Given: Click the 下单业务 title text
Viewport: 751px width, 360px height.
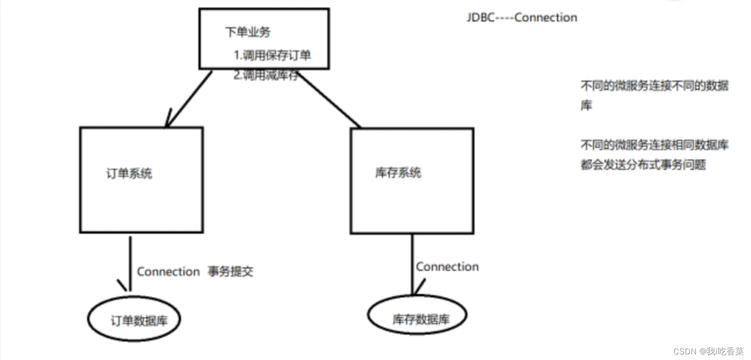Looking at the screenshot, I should point(247,32).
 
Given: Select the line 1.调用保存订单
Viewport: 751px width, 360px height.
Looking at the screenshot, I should point(272,55).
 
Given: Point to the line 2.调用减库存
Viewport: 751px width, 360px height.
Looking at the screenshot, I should point(265,75).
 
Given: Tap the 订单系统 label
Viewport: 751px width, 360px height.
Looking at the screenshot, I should point(129,174).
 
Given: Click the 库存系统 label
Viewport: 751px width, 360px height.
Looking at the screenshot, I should point(398,173).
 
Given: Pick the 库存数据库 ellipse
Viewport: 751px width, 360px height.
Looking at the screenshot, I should point(417,315).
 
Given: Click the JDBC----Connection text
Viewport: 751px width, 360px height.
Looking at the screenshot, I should point(522,18).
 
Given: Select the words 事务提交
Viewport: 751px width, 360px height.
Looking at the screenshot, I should point(230,271).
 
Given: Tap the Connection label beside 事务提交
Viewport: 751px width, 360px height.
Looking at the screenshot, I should point(168,271).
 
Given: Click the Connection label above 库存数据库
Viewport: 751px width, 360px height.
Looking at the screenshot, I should point(447,267).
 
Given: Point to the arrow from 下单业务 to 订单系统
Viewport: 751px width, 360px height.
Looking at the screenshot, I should point(188,98).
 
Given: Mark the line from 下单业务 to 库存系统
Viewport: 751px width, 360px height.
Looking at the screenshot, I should point(330,100).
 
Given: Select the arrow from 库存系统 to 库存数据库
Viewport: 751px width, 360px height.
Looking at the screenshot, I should point(412,264).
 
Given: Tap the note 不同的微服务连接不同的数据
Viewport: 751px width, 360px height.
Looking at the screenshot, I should point(654,86).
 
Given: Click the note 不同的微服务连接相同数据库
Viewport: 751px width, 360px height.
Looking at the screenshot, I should point(654,145).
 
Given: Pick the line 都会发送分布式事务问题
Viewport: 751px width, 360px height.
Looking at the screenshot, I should point(643,165).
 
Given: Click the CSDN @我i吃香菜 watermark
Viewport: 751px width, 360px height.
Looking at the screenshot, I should point(708,351).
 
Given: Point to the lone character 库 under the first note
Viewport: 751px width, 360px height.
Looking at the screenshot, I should point(586,105).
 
